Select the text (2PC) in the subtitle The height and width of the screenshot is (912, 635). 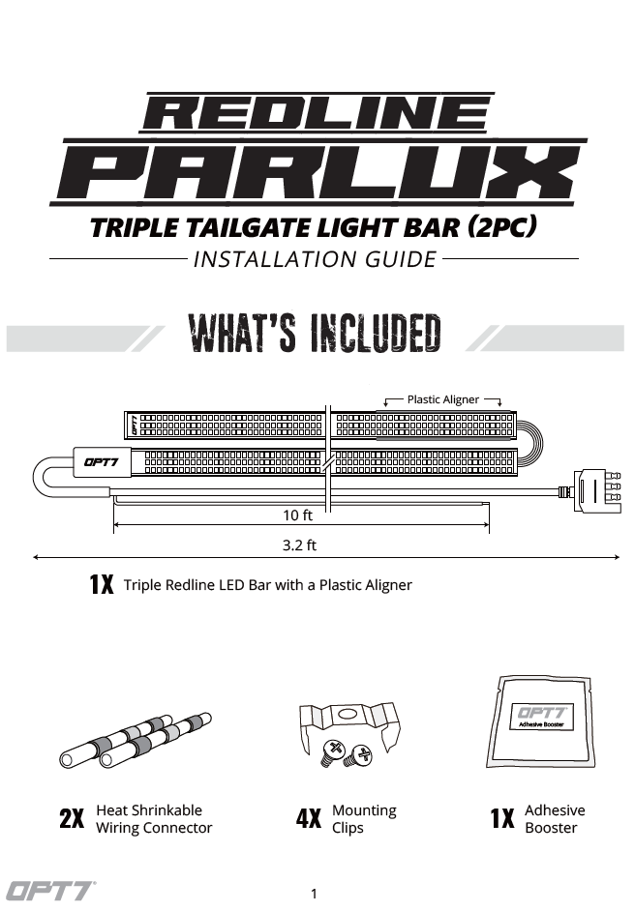click(x=501, y=226)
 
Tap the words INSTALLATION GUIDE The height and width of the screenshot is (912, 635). click(x=315, y=259)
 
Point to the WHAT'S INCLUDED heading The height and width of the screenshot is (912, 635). click(x=315, y=334)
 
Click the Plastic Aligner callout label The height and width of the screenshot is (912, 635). click(x=443, y=399)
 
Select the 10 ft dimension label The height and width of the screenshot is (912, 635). click(x=297, y=515)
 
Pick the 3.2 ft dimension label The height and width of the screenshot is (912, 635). click(x=299, y=545)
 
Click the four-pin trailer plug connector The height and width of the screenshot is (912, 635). click(x=596, y=491)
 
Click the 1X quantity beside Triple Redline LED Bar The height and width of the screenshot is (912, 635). click(x=102, y=584)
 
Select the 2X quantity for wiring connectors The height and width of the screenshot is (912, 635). click(x=72, y=818)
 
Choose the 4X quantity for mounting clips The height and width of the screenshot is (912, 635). click(x=309, y=818)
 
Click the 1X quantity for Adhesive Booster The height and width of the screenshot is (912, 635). click(x=502, y=818)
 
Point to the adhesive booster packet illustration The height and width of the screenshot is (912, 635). click(x=541, y=722)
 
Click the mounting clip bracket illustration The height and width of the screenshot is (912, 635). click(x=349, y=733)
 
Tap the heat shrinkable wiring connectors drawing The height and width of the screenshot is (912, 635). click(x=135, y=740)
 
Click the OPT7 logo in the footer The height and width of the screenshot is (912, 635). click(x=50, y=892)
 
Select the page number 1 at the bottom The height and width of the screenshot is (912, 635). click(x=315, y=894)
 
